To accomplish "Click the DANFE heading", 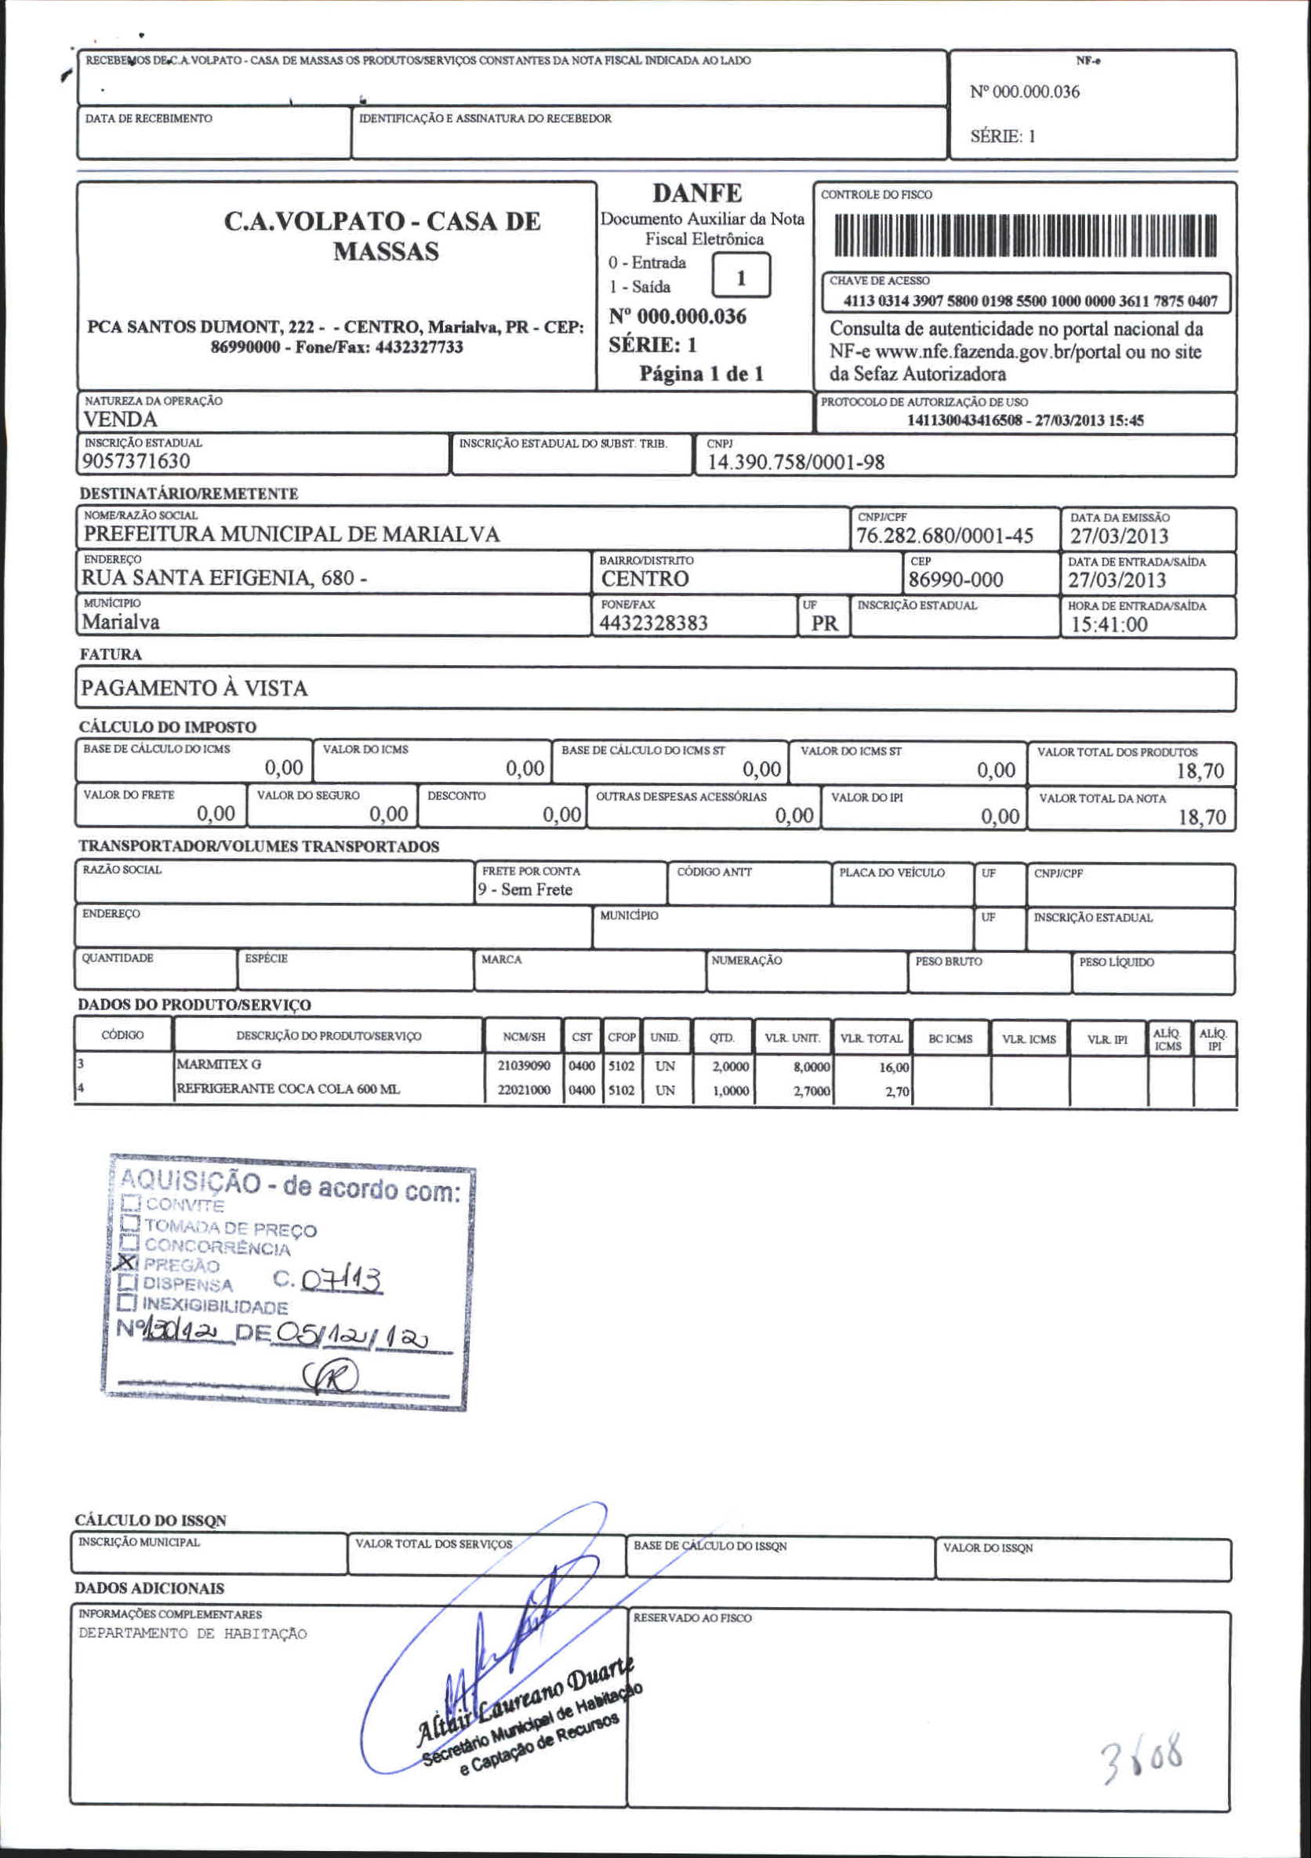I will point(697,194).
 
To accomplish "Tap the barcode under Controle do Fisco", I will point(1026,235).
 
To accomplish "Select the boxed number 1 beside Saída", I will point(740,278).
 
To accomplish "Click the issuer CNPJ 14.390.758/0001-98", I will point(796,462).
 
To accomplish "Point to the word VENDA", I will point(120,419).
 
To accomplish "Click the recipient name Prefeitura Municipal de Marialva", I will point(292,534).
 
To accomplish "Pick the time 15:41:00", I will point(1109,624).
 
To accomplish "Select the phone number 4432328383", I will point(653,623).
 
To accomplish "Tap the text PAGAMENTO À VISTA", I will point(194,689).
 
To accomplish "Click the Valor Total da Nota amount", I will point(1202,817).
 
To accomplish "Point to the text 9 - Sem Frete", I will point(525,889).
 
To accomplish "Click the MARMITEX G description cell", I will point(220,1065).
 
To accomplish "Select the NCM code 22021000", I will point(524,1090).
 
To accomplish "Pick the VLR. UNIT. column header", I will point(791,1038).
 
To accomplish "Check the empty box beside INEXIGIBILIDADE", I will point(126,1303).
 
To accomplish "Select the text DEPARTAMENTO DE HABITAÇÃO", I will point(193,1634).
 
